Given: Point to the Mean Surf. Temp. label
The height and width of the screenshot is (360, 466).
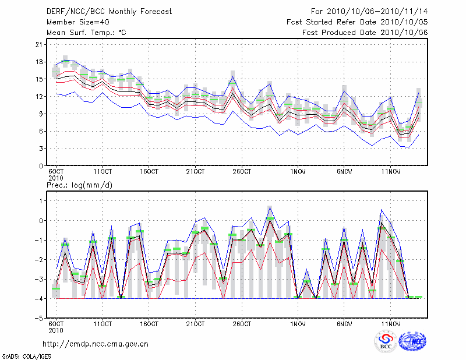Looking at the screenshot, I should click(x=86, y=33).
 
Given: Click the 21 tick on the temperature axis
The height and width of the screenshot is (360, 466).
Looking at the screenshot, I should click(x=39, y=44).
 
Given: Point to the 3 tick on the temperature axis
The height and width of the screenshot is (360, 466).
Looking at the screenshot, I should click(x=41, y=149).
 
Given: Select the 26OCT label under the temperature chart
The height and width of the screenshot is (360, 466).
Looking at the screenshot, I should click(x=242, y=171).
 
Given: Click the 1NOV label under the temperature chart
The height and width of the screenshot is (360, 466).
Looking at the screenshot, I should click(x=298, y=171).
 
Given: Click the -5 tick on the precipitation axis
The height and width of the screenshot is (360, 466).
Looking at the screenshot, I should click(x=38, y=319).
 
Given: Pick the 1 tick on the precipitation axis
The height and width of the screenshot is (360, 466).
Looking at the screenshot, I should click(x=41, y=201).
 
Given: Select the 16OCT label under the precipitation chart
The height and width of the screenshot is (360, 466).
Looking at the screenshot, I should click(x=149, y=324).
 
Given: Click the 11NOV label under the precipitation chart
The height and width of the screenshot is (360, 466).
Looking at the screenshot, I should click(x=390, y=324).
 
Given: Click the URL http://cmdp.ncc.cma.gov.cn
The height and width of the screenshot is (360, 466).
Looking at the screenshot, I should click(x=96, y=344).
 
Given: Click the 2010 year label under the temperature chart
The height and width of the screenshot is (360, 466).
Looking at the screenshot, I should click(x=56, y=178).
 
